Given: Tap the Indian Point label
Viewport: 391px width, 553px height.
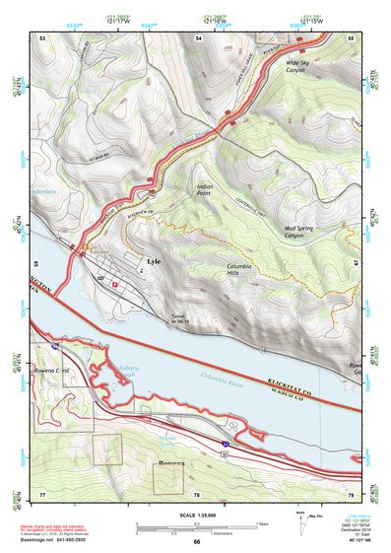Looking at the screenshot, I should pyautogui.click(x=204, y=189).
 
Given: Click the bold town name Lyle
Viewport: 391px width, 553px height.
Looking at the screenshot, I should pyautogui.click(x=152, y=262).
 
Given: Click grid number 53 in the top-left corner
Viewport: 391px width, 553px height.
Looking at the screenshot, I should pyautogui.click(x=42, y=36).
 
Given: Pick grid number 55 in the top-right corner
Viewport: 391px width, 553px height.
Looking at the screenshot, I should pyautogui.click(x=351, y=36).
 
